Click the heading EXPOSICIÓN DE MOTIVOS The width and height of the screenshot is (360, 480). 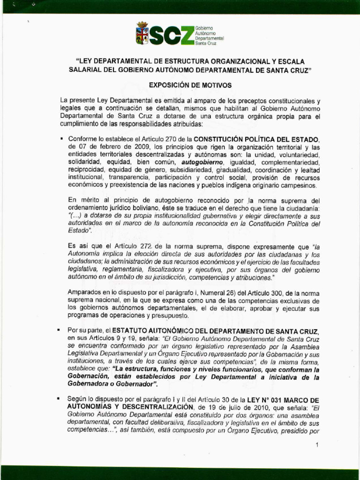(x=183, y=85)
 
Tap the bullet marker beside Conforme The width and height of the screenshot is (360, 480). (x=61, y=139)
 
